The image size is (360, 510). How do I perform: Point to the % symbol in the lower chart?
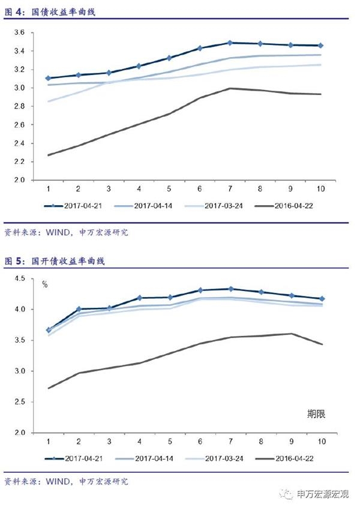pyautogui.click(x=44, y=284)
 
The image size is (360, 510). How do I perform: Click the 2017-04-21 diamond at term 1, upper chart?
pyautogui.click(x=47, y=78)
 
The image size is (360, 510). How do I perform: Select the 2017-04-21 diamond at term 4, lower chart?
pyautogui.click(x=139, y=298)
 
